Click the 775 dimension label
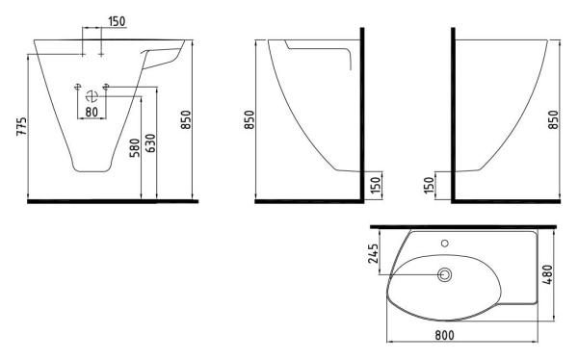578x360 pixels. (22, 126)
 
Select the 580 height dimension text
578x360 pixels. (135, 147)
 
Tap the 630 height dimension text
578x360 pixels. (151, 143)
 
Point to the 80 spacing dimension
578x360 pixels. (92, 112)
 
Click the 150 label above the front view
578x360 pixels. (117, 21)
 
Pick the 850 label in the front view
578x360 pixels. (186, 119)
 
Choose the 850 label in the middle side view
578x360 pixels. (250, 119)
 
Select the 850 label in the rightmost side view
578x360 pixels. (553, 119)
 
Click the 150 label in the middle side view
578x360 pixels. (375, 186)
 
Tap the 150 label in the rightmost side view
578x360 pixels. (429, 186)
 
